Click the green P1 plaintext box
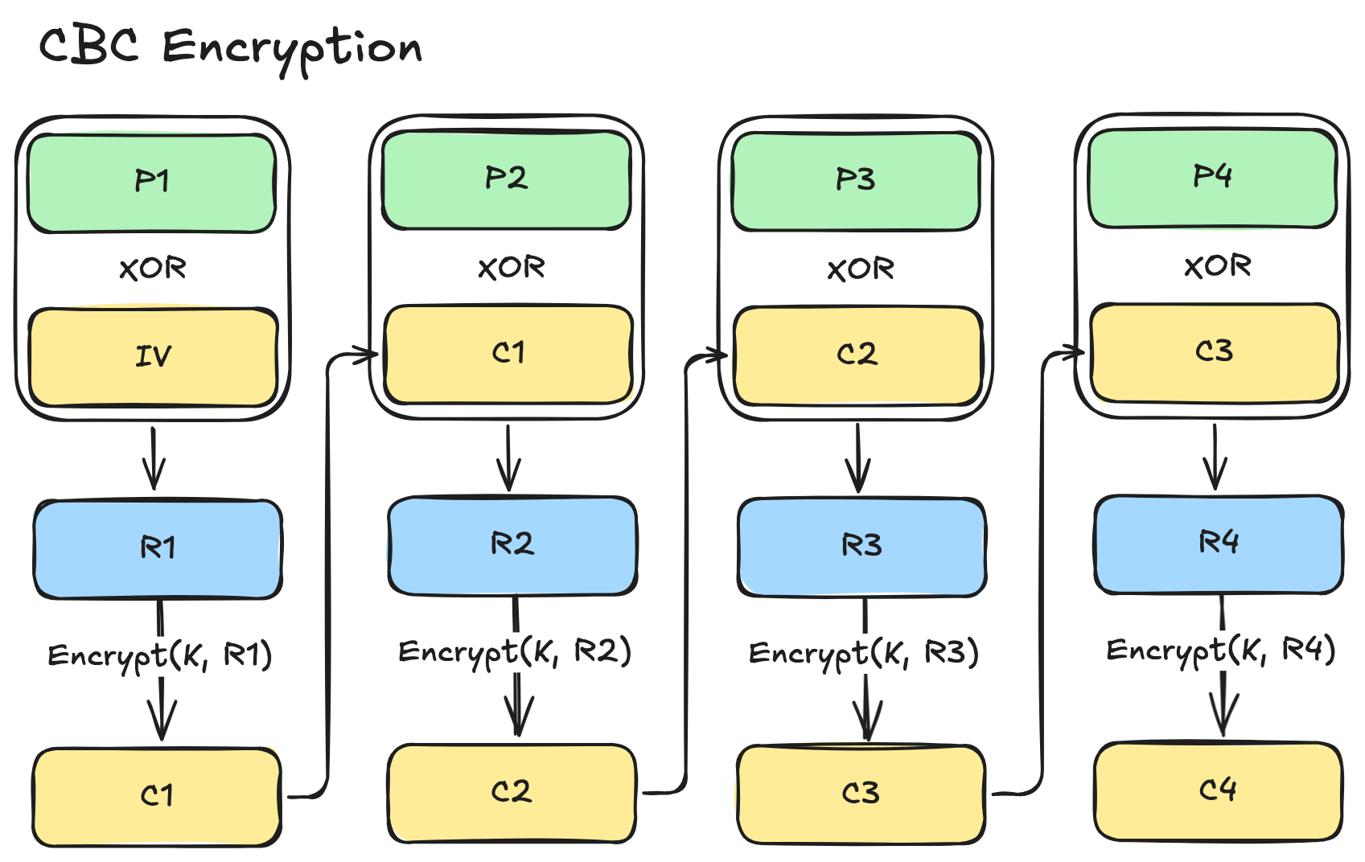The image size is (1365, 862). (151, 183)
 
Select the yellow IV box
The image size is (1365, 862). (153, 356)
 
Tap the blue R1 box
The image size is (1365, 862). (158, 548)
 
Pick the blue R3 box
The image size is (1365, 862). (861, 547)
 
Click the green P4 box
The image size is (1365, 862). (1212, 178)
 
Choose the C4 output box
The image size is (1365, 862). (1218, 791)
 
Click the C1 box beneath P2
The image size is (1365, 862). (508, 354)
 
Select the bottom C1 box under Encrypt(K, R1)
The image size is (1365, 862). (157, 796)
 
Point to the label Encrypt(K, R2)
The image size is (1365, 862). (515, 652)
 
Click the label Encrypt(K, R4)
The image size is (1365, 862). (1221, 650)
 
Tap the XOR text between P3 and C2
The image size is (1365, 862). (861, 269)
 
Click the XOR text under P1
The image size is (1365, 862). (153, 269)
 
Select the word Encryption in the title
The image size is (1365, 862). (292, 48)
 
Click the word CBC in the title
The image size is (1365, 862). (88, 45)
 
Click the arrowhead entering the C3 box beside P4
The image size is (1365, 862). (1078, 352)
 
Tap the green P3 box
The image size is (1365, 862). (855, 180)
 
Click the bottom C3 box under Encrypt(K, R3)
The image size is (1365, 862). (861, 794)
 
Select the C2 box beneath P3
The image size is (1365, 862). (857, 355)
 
